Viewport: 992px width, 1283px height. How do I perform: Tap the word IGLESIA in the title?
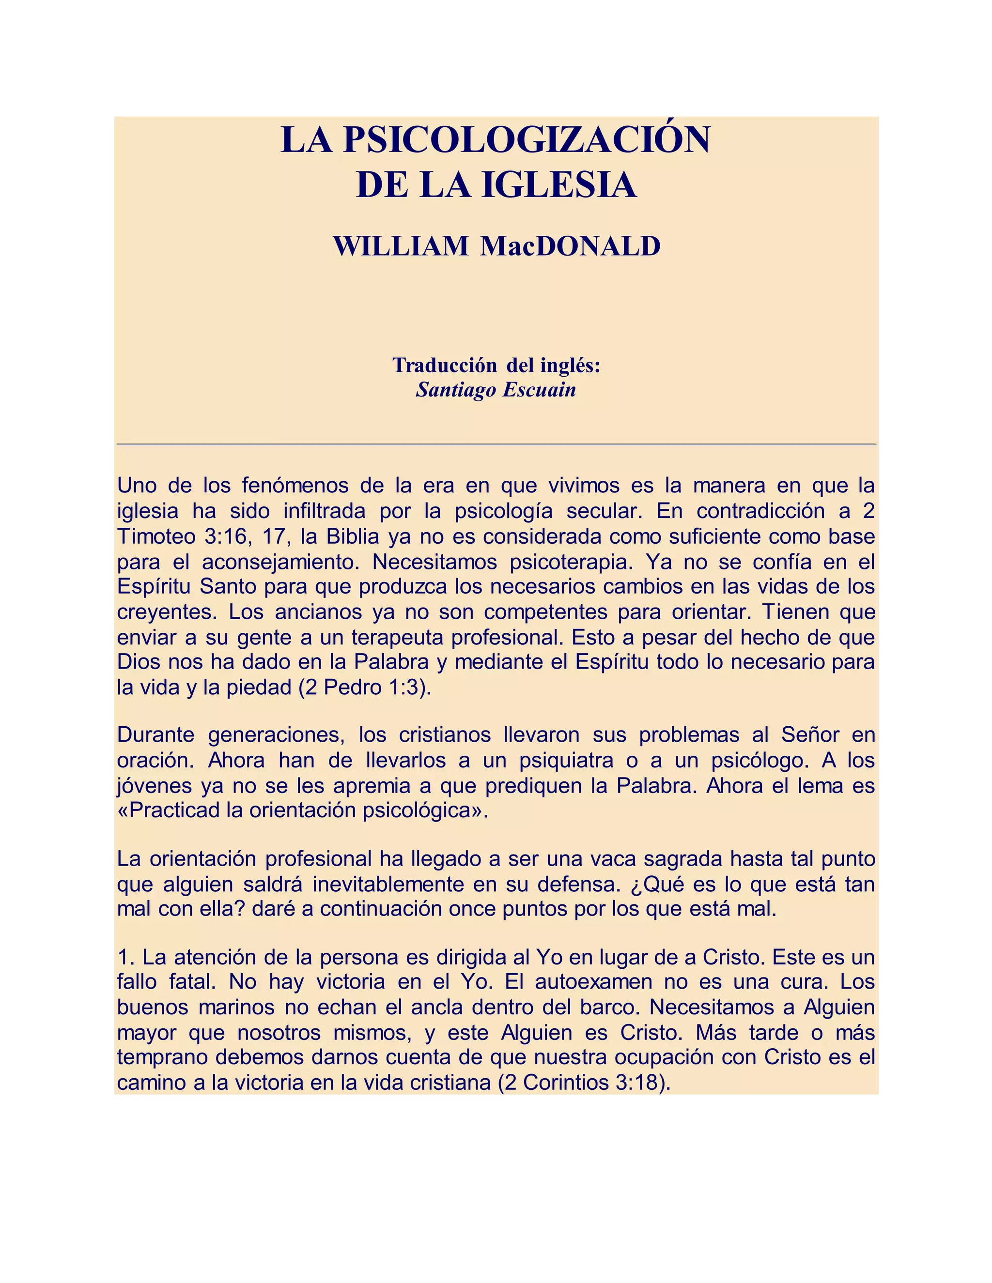(559, 185)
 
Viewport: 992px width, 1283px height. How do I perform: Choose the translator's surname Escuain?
(538, 389)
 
